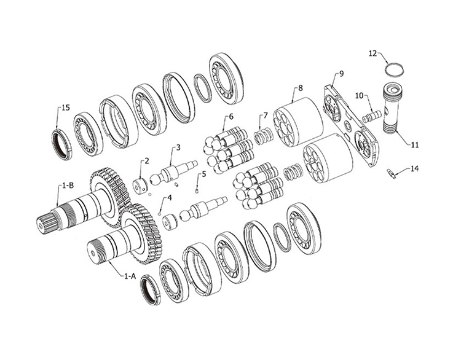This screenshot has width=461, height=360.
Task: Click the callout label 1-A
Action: point(129,276)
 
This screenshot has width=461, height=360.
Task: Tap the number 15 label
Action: point(66,108)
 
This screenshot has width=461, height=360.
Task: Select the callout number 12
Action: point(372,53)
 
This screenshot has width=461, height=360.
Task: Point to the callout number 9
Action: point(341,74)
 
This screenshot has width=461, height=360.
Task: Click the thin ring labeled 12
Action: point(395,69)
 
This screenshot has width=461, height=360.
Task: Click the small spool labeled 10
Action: point(371,115)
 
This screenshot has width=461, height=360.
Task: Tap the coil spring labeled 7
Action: point(262,136)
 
